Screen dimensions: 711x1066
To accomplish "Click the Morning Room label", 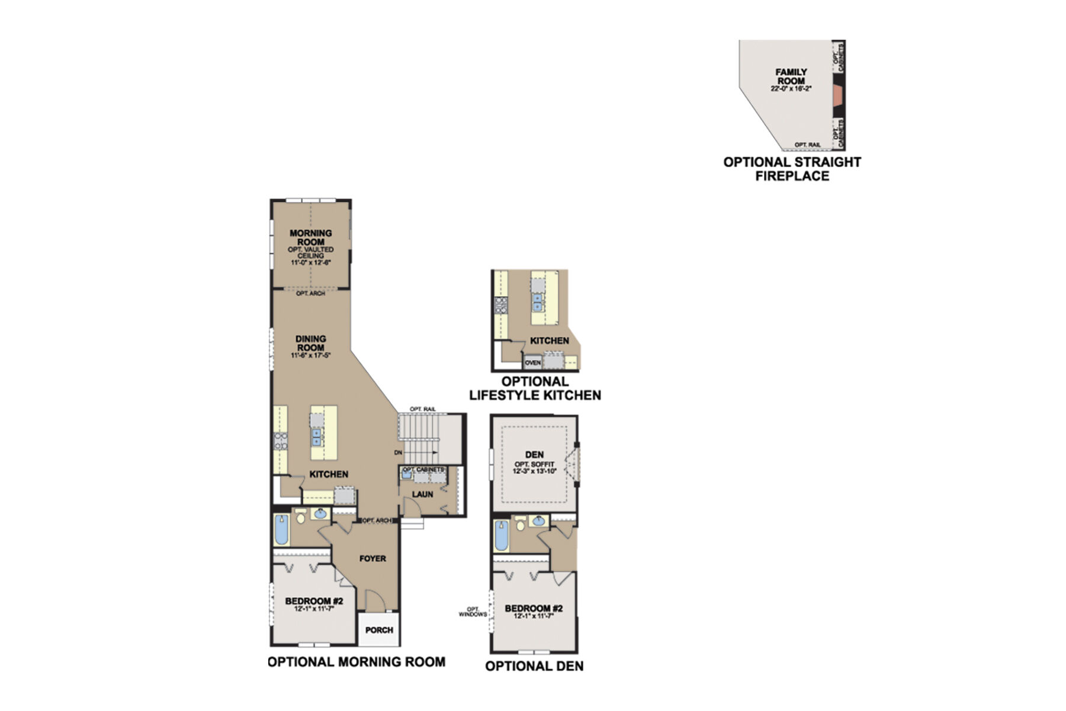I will coord(310,238).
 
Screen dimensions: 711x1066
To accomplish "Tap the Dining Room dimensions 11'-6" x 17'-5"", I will coord(310,355).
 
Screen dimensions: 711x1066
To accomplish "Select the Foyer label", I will coord(373,558).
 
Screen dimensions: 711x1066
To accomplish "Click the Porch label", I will coord(379,630).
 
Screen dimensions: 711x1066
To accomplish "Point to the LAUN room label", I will coord(423,494).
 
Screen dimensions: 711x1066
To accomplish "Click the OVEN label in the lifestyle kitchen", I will coord(532,362).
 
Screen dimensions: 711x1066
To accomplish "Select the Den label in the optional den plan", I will coord(534,454).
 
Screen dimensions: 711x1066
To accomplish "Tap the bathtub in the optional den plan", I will coord(502,535).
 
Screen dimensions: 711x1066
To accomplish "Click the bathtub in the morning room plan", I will coord(281,530).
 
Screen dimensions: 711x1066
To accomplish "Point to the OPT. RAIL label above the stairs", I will coord(422,409).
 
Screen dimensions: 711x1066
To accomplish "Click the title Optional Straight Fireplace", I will coord(792,169).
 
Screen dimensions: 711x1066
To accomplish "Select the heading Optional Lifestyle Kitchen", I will coord(535,389).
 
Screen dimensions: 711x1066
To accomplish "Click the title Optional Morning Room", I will coord(357,662).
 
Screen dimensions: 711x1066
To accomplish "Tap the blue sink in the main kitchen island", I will coord(317,437).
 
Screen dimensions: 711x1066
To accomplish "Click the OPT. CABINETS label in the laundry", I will coord(423,470).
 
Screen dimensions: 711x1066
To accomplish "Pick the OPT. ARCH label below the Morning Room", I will coord(310,293).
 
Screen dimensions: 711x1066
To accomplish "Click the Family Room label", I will coord(791,76).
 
